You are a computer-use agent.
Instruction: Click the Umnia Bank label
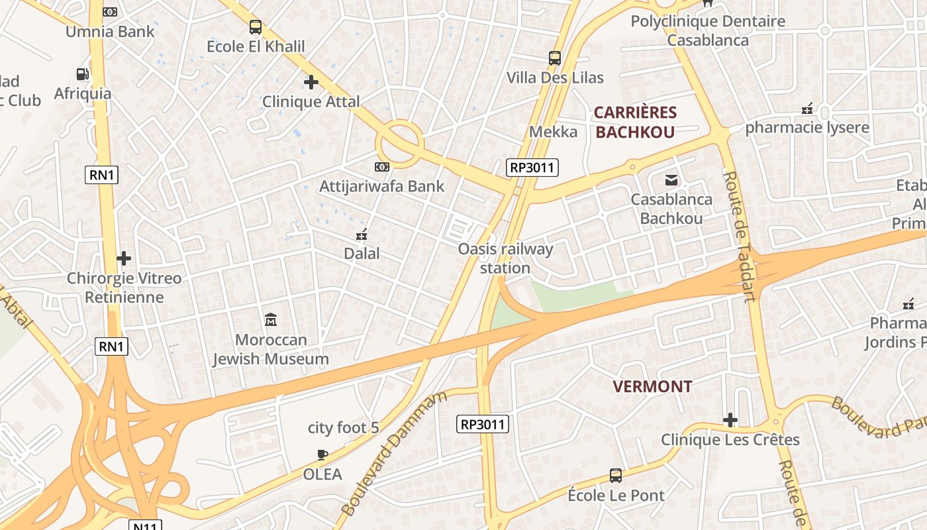click(110, 31)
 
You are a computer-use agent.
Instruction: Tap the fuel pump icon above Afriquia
click(83, 74)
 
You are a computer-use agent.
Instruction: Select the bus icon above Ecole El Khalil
click(256, 27)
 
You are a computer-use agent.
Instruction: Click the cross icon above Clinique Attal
click(311, 82)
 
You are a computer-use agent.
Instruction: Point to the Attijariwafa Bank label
click(382, 186)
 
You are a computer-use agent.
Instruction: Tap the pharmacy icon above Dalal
click(362, 234)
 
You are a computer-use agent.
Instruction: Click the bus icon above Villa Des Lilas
click(555, 58)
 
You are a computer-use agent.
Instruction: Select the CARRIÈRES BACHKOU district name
click(635, 122)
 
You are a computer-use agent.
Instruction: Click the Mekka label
click(553, 132)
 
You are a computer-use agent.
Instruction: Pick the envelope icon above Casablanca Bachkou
click(671, 180)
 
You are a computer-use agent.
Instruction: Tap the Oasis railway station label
click(505, 258)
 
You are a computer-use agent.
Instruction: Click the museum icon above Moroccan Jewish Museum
click(271, 321)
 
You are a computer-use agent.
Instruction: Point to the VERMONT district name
click(652, 387)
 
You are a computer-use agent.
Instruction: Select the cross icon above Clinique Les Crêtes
click(730, 420)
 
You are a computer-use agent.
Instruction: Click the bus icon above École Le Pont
click(616, 476)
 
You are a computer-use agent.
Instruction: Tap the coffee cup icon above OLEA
click(322, 454)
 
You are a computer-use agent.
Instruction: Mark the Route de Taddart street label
click(740, 236)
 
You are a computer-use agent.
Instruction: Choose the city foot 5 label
click(344, 428)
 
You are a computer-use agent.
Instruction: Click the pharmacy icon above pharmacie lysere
click(807, 109)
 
